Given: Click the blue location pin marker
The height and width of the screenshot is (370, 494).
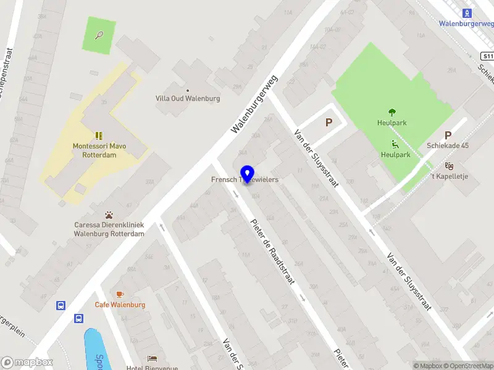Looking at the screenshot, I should click(248, 174).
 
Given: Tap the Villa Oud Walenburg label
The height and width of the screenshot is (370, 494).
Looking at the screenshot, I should click(188, 98).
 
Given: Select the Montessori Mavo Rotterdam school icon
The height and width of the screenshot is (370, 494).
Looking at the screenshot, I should click(99, 136).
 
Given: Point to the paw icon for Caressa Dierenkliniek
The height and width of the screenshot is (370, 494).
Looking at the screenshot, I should click(109, 215).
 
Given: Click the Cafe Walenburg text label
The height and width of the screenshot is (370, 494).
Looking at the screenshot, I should click(120, 305).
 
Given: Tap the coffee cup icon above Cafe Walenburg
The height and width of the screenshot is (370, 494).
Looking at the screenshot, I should click(120, 294).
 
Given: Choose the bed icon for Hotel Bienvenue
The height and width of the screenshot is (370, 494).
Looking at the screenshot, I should click(152, 358).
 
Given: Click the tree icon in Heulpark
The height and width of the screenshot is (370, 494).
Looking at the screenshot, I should click(391, 112).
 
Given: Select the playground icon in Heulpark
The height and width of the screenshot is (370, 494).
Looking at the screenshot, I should click(394, 144).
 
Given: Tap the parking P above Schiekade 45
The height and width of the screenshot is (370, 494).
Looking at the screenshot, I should click(448, 135).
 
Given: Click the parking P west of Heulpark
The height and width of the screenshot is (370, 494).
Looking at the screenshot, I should click(329, 122).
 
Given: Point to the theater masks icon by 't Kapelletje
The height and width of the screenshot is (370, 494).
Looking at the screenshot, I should click(449, 165).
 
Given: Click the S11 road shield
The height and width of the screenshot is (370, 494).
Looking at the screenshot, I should click(487, 56).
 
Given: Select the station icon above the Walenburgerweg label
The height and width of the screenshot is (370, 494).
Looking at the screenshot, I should click(467, 13).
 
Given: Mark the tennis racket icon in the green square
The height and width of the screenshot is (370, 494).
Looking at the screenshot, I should click(99, 35).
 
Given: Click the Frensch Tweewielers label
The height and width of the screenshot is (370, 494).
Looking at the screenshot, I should click(246, 179).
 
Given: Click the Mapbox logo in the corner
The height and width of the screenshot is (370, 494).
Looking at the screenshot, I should click(27, 363).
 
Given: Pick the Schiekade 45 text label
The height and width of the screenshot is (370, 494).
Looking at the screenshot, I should click(448, 146).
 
